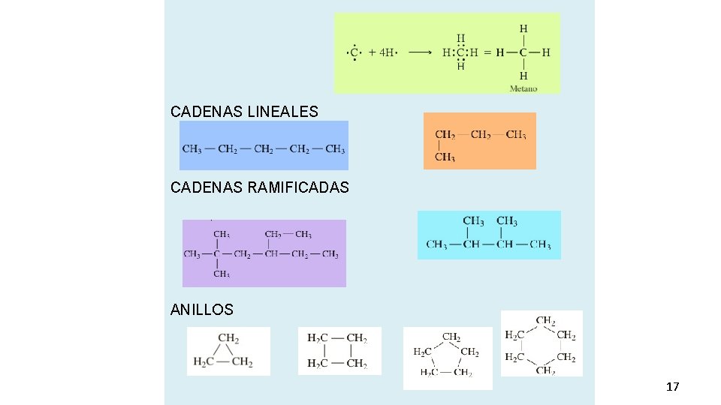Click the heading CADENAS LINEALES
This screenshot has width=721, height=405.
pos(244,112)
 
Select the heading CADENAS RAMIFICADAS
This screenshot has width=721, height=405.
pos(259,187)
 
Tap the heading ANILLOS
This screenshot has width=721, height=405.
pos(202,309)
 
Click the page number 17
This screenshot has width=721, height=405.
pos(672,387)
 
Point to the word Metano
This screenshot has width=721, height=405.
pos(523,88)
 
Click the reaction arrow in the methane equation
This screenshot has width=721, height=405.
pos(420,52)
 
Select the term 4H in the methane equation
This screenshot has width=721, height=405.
pos(387,52)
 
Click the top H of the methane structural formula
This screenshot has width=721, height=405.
pos(523,28)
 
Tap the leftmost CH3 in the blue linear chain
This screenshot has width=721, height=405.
pos(192,148)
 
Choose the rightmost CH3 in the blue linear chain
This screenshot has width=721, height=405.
pos(335,148)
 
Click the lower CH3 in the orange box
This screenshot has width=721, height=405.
pos(445,157)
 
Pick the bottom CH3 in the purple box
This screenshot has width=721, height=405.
pos(222,274)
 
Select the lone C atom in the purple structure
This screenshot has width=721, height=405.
pos(217,254)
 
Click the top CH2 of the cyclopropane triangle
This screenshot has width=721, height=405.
pos(228,338)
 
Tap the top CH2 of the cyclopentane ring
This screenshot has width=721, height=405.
pos(451,337)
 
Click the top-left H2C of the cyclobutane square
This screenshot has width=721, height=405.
pos(317,338)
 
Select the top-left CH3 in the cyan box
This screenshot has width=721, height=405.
pos(473,221)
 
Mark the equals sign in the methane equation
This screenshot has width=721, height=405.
pos(487,52)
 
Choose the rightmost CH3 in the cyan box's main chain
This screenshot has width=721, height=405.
pos(540,244)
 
